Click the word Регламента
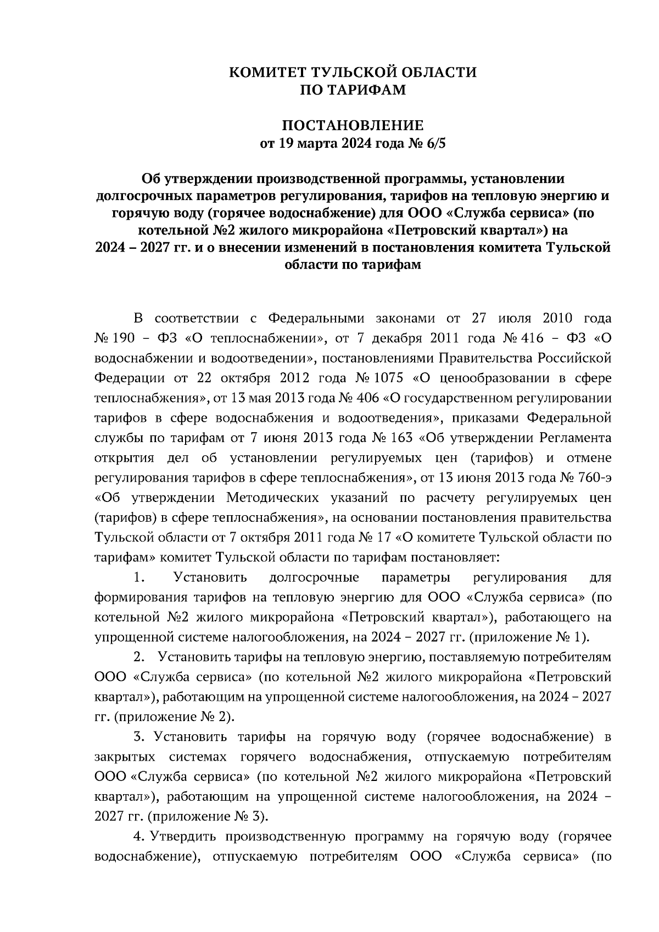(576, 438)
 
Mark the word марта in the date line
(315, 144)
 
